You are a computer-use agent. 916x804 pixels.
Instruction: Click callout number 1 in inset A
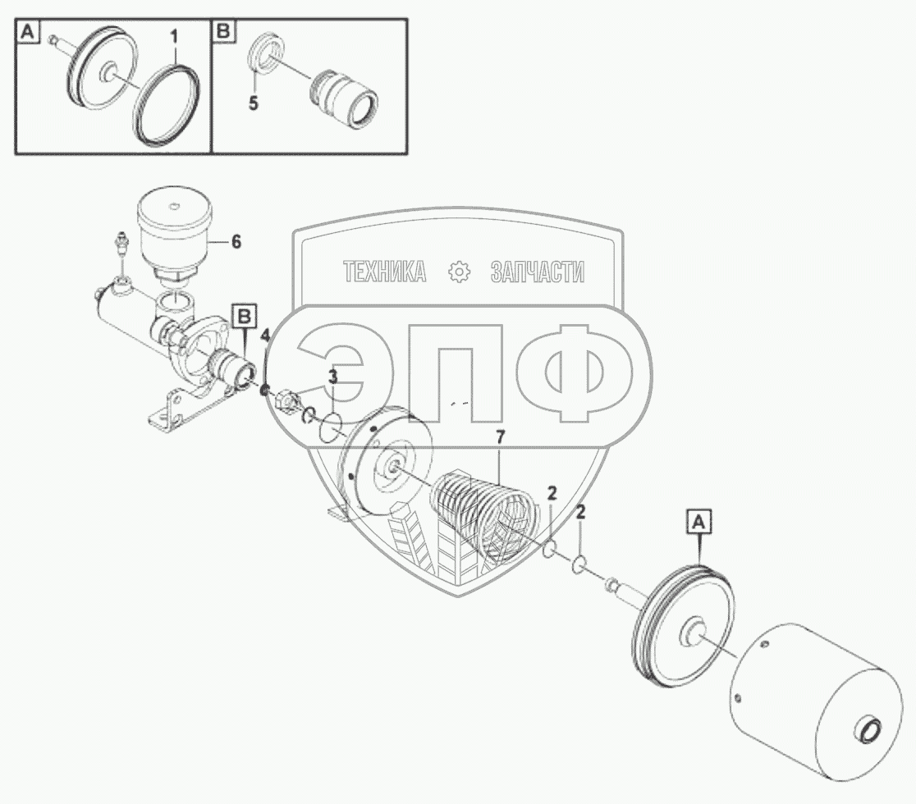(x=173, y=38)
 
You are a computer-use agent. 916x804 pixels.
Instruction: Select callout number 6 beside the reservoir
(x=236, y=241)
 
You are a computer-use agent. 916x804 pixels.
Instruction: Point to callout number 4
(x=265, y=334)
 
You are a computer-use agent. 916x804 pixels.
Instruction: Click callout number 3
(x=332, y=377)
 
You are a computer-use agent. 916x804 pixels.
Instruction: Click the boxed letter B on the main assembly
(x=245, y=314)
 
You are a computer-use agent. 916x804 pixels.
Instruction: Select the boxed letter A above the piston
(x=698, y=520)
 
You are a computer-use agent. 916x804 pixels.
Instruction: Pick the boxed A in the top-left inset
(x=28, y=33)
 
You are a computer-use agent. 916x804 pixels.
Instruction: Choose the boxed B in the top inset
(x=222, y=33)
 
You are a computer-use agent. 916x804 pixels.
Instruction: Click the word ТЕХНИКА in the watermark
(x=384, y=272)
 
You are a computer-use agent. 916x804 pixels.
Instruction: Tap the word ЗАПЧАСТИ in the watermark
(x=537, y=272)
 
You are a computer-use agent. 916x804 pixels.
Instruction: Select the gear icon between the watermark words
(x=458, y=272)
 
